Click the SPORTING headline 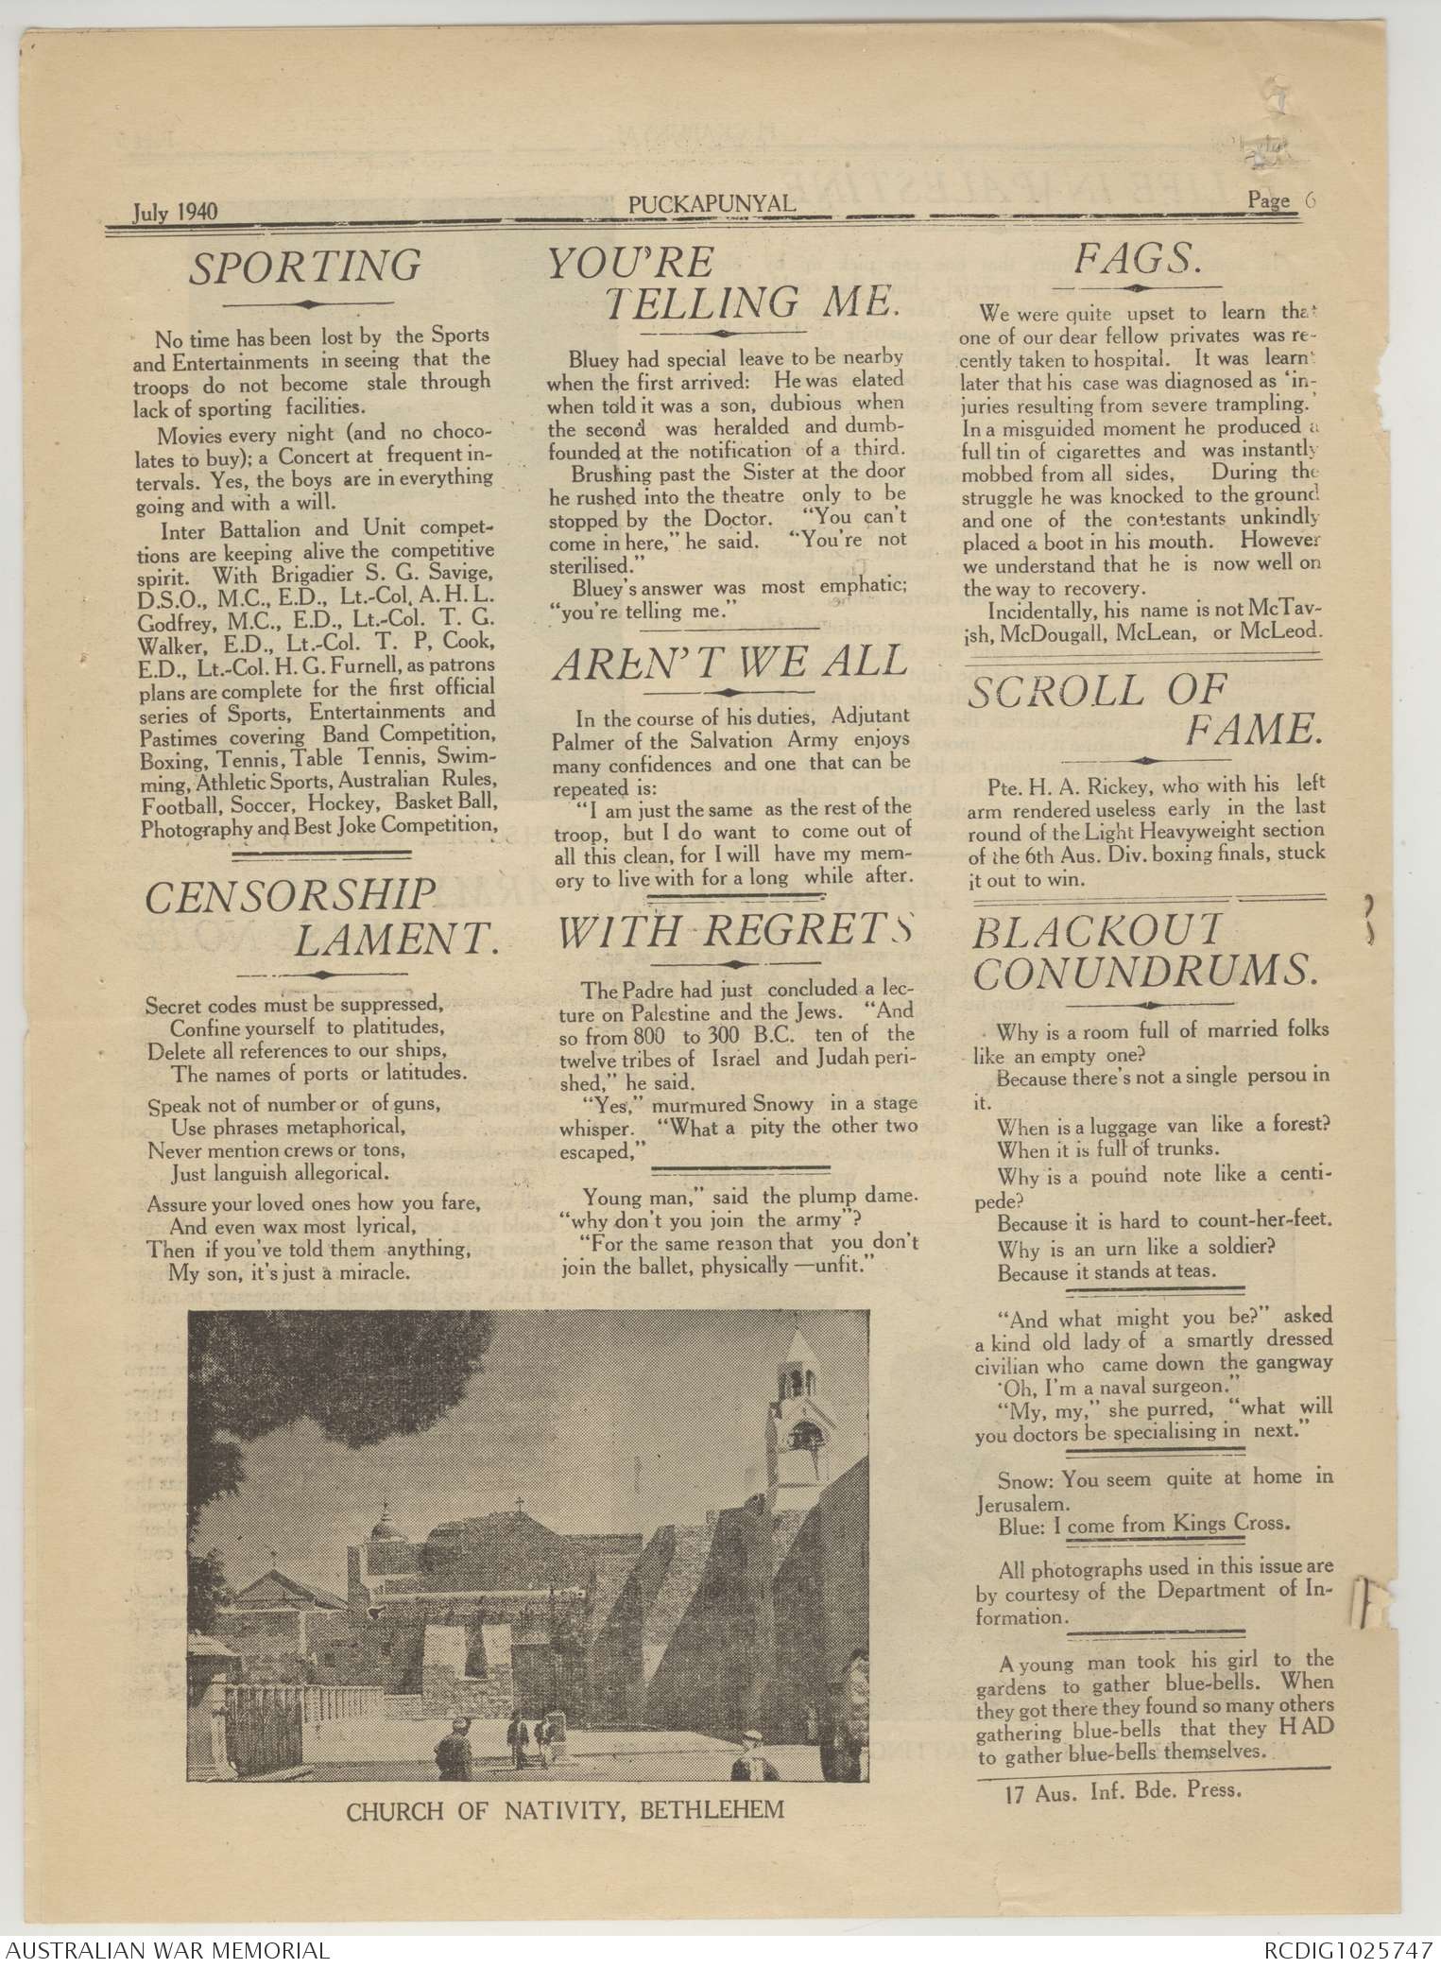(x=304, y=267)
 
